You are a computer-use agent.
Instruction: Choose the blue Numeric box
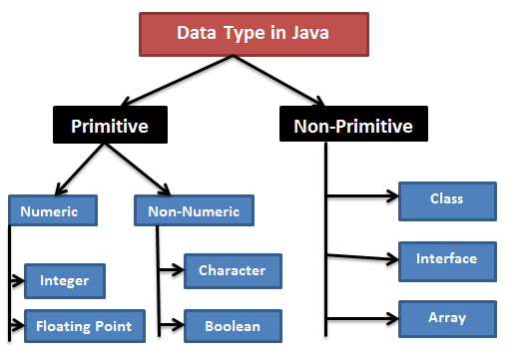click(52, 210)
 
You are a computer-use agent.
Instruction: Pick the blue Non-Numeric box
click(194, 210)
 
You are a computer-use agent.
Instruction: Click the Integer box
click(65, 281)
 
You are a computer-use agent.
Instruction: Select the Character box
click(232, 270)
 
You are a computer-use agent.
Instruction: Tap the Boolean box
click(232, 325)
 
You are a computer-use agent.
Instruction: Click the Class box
click(446, 199)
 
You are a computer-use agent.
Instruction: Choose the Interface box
click(446, 258)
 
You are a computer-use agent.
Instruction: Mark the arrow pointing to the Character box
click(171, 269)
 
